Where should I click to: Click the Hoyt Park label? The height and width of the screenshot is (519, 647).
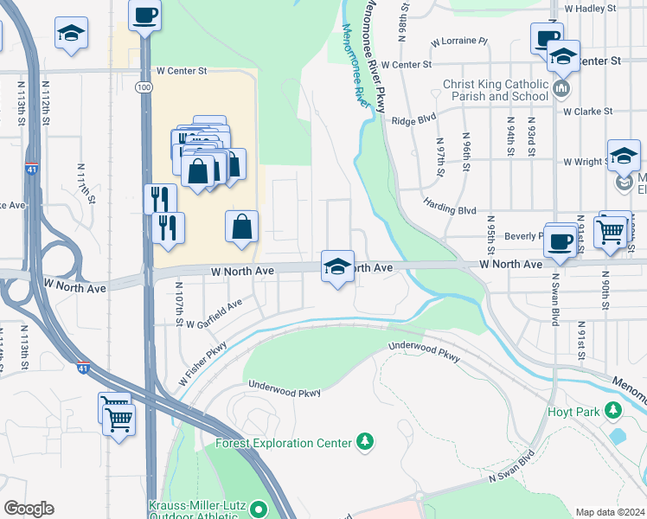click(574, 411)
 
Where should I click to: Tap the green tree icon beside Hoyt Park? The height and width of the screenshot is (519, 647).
click(613, 409)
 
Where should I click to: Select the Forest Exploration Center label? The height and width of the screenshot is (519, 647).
click(283, 444)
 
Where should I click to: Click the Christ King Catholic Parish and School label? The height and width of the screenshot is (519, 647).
click(496, 90)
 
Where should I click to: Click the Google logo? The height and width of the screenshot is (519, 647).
click(29, 509)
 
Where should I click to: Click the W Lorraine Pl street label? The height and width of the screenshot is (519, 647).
click(459, 41)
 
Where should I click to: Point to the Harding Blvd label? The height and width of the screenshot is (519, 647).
click(450, 204)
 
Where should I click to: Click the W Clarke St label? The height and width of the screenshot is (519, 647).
click(587, 111)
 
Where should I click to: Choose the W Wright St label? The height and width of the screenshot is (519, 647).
click(587, 162)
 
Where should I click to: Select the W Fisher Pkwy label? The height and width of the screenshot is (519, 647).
click(202, 363)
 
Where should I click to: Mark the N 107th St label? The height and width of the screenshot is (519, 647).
click(179, 299)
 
